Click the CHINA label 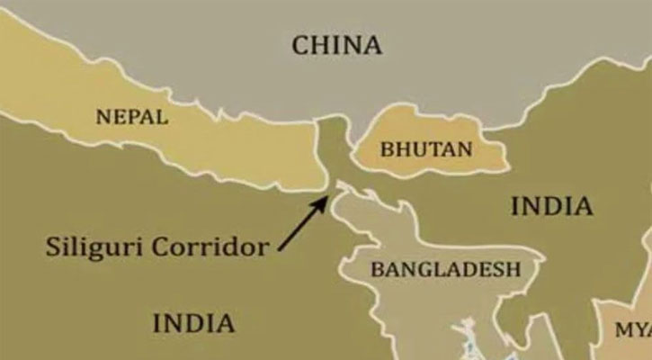click(336, 45)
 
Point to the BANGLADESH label click(445, 268)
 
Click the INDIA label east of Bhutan click(551, 206)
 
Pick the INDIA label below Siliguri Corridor click(193, 321)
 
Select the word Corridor click(212, 245)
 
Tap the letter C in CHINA click(299, 45)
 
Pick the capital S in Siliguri click(49, 245)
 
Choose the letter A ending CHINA click(372, 45)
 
